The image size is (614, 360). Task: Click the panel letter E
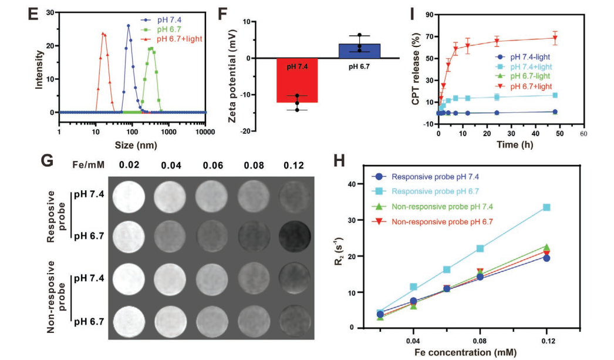point(34,13)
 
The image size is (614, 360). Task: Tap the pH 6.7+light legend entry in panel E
point(177,39)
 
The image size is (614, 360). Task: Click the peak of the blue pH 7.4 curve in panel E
point(129,25)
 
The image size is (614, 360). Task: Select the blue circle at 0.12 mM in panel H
point(547,258)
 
